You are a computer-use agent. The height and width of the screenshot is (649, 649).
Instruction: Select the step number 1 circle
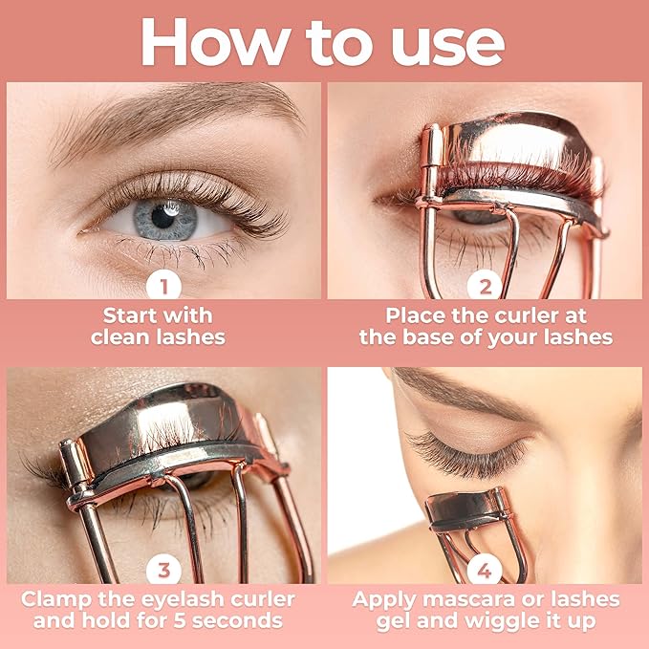pos(163,286)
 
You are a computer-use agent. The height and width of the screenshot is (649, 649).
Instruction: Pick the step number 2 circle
pos(485,286)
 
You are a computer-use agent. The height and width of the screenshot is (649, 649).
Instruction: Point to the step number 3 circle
pos(163,570)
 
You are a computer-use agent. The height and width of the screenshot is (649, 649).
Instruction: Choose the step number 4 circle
pos(485,570)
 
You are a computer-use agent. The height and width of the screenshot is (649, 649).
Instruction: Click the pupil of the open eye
pos(162,216)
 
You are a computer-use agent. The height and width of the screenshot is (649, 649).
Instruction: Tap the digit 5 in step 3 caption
pos(180,621)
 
